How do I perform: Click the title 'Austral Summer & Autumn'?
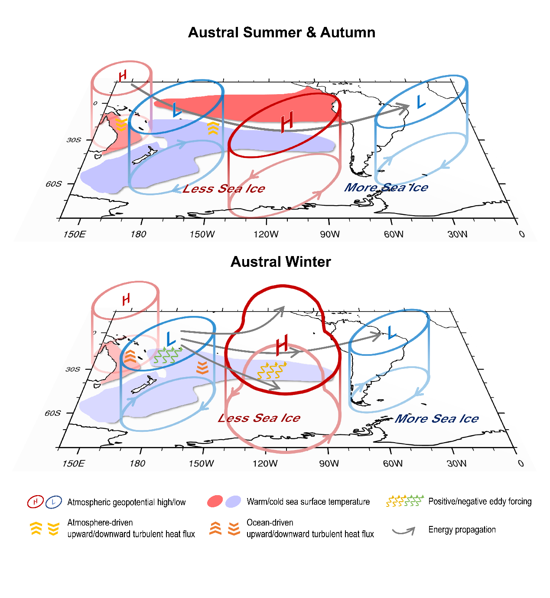click(281, 33)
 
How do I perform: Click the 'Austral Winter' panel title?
click(280, 262)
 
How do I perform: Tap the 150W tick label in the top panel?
click(202, 234)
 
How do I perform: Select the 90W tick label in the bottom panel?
click(329, 463)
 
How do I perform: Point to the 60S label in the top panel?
click(54, 184)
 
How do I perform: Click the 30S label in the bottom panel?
click(73, 369)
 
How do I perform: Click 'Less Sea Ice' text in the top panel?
click(224, 189)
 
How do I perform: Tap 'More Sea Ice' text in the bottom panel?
click(436, 419)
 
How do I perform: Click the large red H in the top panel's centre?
click(287, 122)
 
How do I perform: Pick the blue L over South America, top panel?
click(420, 102)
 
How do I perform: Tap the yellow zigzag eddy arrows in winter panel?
click(272, 370)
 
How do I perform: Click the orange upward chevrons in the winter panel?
click(130, 357)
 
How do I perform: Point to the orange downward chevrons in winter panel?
click(202, 368)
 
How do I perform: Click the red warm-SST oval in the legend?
click(215, 501)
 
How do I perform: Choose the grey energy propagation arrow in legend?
click(404, 530)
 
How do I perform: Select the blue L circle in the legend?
click(53, 502)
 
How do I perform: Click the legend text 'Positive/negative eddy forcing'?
click(480, 501)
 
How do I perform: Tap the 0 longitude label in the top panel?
click(522, 234)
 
